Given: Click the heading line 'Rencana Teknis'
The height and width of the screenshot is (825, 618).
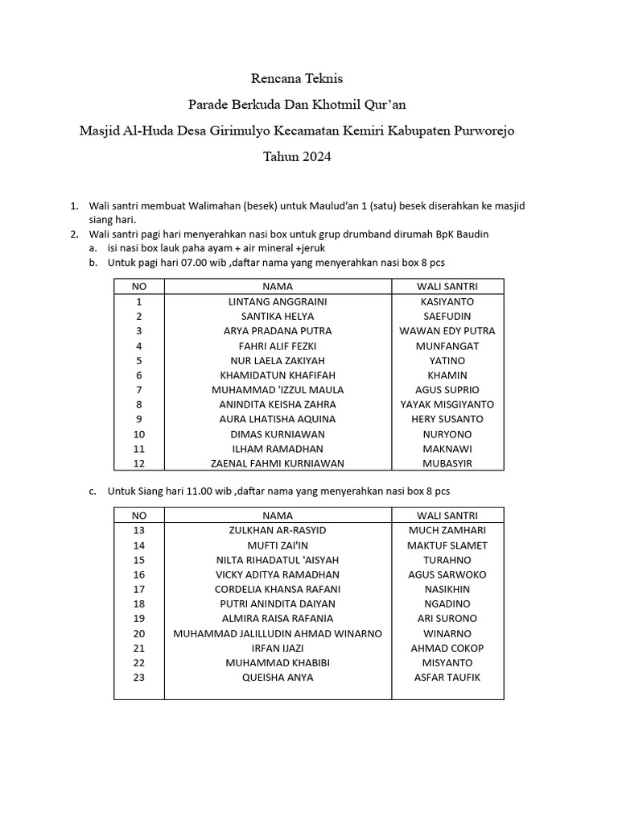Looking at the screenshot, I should [x=297, y=79].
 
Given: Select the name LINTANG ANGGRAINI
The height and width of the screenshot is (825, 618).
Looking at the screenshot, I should [x=278, y=301].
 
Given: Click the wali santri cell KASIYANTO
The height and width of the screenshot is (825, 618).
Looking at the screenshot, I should [x=447, y=301].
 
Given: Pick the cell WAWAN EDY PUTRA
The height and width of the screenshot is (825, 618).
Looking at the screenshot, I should [x=447, y=331].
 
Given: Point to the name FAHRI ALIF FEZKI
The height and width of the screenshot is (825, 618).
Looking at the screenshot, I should [x=278, y=346].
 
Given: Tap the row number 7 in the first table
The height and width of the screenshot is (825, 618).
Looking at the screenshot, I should [x=138, y=390].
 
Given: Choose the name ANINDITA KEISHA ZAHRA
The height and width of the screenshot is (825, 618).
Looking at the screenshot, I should [x=278, y=404].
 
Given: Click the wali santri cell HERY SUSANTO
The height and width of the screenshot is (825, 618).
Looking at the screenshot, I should [x=447, y=419].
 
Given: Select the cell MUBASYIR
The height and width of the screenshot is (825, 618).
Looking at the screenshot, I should [x=447, y=463].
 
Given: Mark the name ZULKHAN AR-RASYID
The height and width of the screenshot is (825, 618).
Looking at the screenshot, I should [x=278, y=530].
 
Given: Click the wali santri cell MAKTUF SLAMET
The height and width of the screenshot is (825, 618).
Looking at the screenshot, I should [x=447, y=545].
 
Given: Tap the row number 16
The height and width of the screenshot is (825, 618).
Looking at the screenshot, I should [x=138, y=574].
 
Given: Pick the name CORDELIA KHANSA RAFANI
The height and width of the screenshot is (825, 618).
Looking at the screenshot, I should [x=278, y=589].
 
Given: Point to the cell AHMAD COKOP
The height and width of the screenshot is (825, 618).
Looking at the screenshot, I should [x=447, y=648].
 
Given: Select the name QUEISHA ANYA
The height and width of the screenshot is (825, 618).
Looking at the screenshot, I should [x=278, y=678].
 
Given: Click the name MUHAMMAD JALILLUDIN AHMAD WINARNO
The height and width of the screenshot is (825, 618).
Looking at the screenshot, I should [x=278, y=633].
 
